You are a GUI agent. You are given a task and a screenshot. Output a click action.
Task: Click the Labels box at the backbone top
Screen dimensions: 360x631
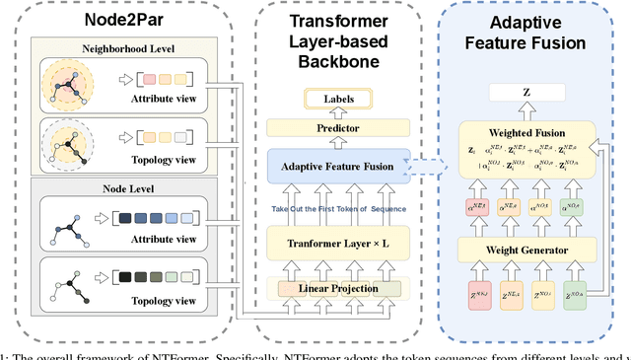coord(339,99)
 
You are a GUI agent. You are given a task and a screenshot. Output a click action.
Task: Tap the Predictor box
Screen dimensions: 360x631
coord(339,127)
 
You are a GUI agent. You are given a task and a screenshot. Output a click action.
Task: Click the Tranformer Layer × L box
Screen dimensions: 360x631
coord(339,244)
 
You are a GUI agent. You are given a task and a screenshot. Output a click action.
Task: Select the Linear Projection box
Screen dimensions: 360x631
coord(339,288)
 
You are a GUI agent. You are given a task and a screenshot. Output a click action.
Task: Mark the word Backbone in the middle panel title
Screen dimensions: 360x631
coord(340,61)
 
